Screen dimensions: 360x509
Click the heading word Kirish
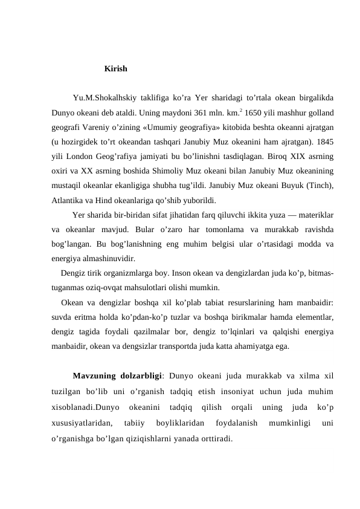(x=115, y=69)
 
